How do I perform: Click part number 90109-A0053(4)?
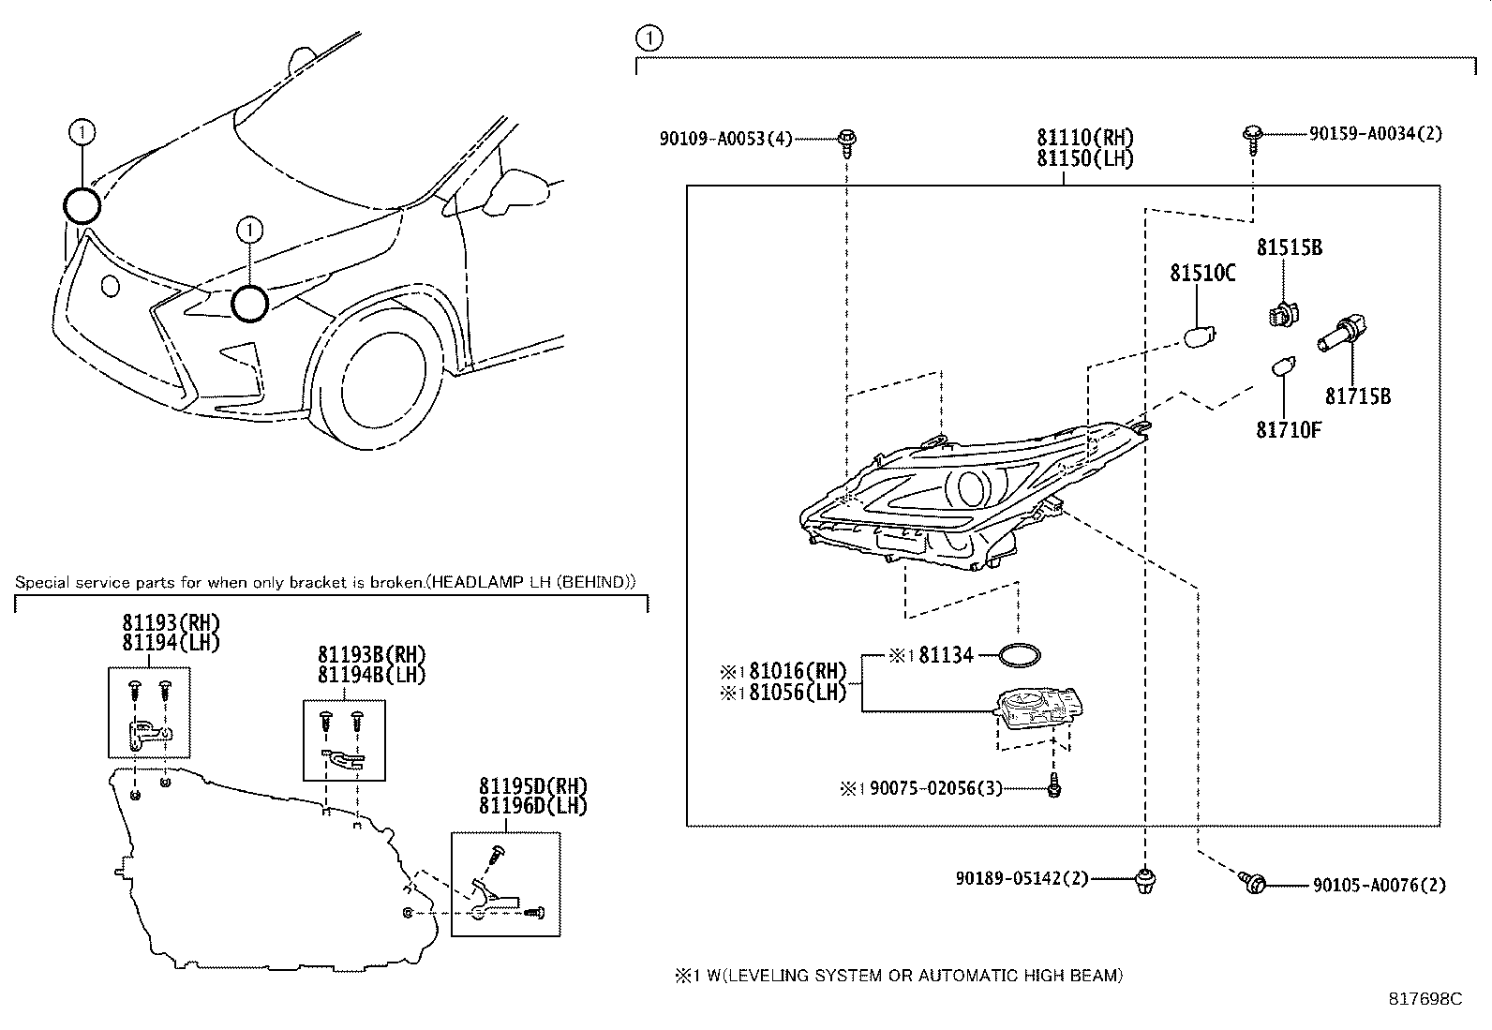coord(725,139)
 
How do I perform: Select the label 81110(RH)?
coord(1084,137)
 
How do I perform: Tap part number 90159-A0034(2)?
coord(1375,134)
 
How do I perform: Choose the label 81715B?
coord(1357,396)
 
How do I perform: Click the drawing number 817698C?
coord(1425,999)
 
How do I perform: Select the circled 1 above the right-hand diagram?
coord(648,38)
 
